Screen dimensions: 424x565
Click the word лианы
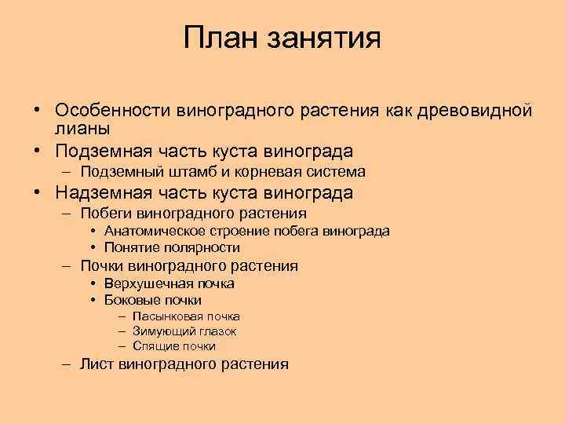(82, 128)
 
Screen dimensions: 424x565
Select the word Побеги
(106, 214)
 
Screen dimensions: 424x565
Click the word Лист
(96, 364)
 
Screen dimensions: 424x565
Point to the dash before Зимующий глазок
(123, 331)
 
